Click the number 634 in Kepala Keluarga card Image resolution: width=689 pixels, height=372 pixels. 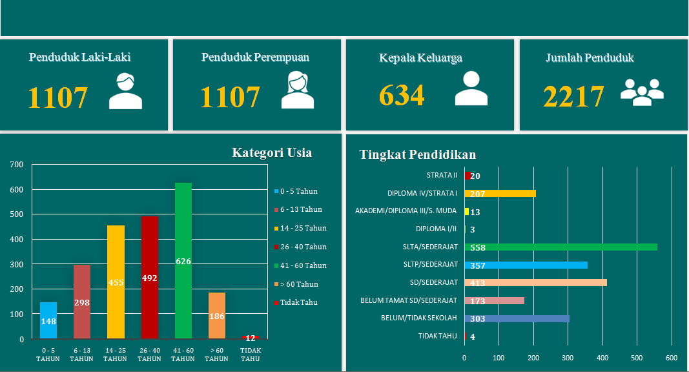tap(402, 96)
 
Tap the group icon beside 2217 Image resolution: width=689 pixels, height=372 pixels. tap(642, 92)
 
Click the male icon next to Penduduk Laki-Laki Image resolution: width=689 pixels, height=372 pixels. tap(125, 91)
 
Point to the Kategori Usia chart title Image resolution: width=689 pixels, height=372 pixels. tap(272, 153)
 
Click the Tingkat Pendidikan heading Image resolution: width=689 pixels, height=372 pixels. tap(417, 154)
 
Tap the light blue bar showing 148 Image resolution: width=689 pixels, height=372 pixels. tap(48, 320)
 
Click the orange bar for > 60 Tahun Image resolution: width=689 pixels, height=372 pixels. tap(217, 316)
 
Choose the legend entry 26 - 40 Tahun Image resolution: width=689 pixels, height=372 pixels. tap(303, 247)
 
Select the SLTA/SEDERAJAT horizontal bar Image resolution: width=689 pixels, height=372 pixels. tap(560, 247)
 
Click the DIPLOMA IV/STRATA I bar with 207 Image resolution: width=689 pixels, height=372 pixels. tap(500, 193)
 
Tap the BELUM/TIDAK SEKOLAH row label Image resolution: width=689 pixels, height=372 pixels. tap(418, 318)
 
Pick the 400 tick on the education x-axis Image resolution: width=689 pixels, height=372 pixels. tap(602, 358)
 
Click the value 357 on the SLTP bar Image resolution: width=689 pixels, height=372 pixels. tap(478, 265)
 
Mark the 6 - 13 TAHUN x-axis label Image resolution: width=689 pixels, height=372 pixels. tap(81, 355)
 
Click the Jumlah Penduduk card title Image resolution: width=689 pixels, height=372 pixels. tap(590, 57)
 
